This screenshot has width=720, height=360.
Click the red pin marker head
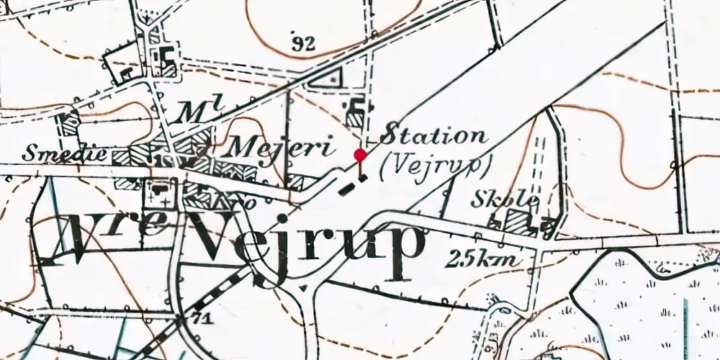pyautogui.click(x=360, y=154)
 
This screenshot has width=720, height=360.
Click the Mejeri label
pyautogui.click(x=282, y=149)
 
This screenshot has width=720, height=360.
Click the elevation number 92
pyautogui.click(x=305, y=44)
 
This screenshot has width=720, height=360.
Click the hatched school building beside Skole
pyautogui.click(x=520, y=222)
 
